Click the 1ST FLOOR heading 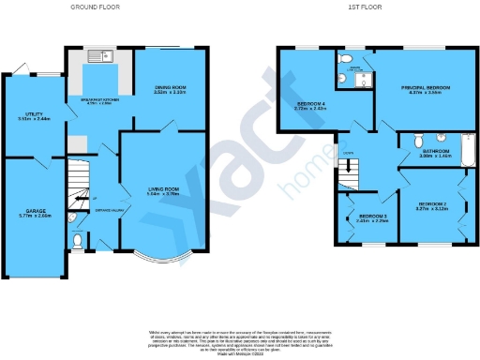coord(364,7)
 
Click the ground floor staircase coord(78,178)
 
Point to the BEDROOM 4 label coord(310,105)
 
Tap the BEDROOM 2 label coord(432,206)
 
